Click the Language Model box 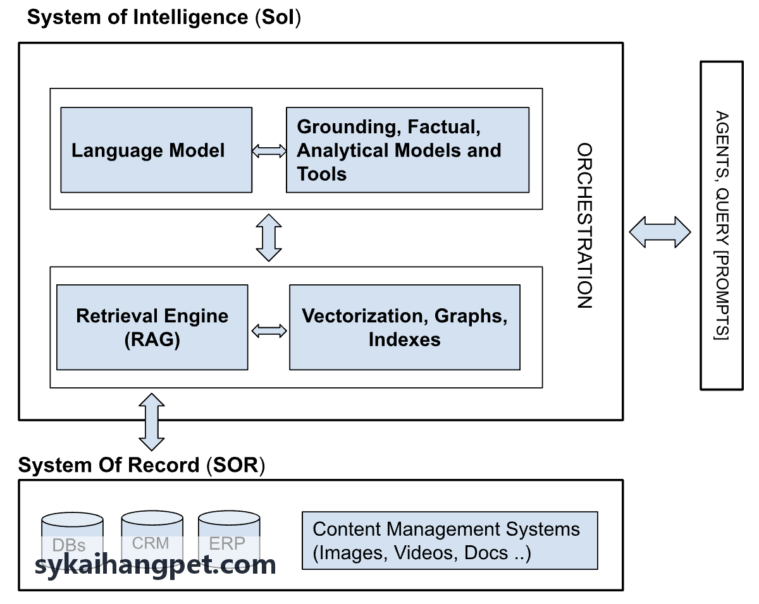coord(156,150)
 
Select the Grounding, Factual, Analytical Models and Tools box coord(407,150)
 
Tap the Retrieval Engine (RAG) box coord(152,327)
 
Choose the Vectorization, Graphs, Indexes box coord(405,327)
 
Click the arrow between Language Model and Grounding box coord(269,151)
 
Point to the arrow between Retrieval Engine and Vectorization coord(269,331)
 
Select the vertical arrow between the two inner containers coord(269,238)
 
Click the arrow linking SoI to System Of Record coord(152,422)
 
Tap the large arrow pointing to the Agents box coord(660,232)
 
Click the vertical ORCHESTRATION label coord(585,226)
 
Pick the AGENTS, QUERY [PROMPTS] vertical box coord(722,226)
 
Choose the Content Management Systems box coord(450,541)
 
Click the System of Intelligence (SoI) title coord(164,17)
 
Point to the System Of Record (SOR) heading coord(142,465)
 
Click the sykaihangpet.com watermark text coord(155,565)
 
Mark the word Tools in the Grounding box coord(322,174)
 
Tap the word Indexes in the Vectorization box coord(405,339)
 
